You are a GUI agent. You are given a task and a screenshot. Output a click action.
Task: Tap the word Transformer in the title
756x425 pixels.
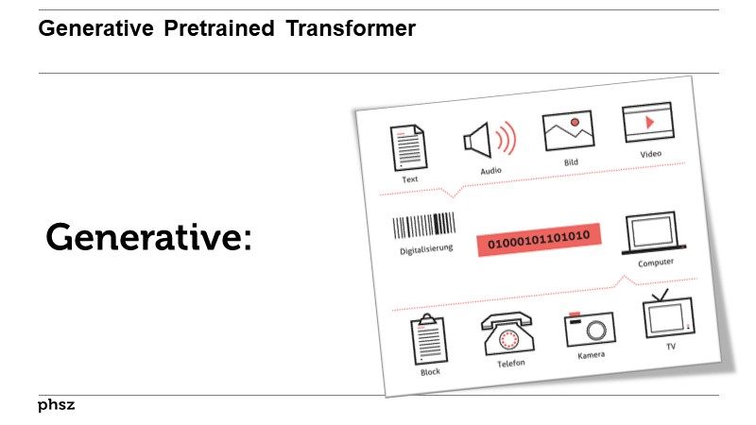352,29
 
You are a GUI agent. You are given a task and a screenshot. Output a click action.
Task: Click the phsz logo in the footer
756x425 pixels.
57,405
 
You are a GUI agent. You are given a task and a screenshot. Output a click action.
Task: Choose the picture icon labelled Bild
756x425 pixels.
568,132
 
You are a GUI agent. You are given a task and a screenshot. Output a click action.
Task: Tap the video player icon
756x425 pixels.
646,124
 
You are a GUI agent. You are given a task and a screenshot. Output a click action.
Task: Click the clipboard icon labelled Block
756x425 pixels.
428,339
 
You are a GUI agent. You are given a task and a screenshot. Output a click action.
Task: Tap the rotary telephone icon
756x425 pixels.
508,333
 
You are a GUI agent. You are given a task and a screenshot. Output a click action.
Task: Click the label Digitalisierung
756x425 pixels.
426,249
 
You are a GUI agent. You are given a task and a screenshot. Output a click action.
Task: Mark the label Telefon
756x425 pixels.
511,363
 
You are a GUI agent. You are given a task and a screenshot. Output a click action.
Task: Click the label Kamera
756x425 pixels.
591,355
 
